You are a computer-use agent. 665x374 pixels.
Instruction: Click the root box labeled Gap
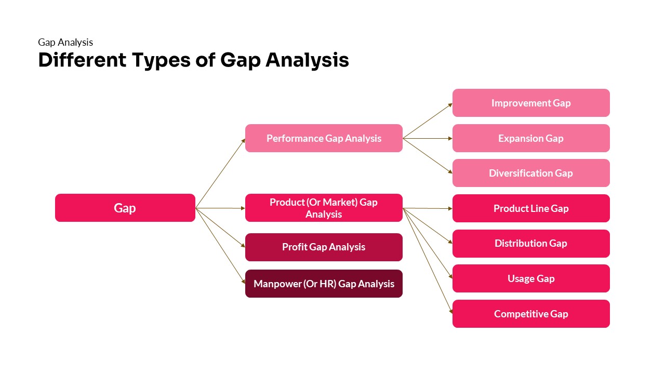pos(125,208)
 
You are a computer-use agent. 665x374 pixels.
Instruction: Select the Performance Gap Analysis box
pos(324,138)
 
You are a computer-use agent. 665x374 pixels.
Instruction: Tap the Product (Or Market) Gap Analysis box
pos(324,208)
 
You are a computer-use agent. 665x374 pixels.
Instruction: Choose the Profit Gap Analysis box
pos(324,247)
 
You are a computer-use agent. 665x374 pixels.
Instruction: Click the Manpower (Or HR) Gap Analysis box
pos(324,284)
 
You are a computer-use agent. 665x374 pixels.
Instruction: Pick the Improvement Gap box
pos(531,103)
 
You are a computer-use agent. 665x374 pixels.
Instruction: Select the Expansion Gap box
pos(531,138)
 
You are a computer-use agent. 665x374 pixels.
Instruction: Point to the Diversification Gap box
pos(531,173)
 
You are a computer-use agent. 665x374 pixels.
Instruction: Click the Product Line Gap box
pos(531,208)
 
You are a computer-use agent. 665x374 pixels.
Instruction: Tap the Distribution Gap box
pos(531,244)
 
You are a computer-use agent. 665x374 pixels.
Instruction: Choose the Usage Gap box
pos(531,278)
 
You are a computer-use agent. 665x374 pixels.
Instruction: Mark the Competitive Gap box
pos(531,314)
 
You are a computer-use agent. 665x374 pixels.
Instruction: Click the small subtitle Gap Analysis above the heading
pos(65,43)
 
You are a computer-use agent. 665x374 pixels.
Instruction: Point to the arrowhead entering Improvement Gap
pos(450,104)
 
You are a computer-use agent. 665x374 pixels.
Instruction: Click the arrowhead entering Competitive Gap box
pos(450,312)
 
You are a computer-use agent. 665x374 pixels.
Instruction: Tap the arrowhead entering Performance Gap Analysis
pos(243,140)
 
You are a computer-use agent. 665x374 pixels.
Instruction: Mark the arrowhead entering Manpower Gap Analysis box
pos(243,282)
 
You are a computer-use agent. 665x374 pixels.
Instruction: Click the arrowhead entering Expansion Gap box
pos(450,138)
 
